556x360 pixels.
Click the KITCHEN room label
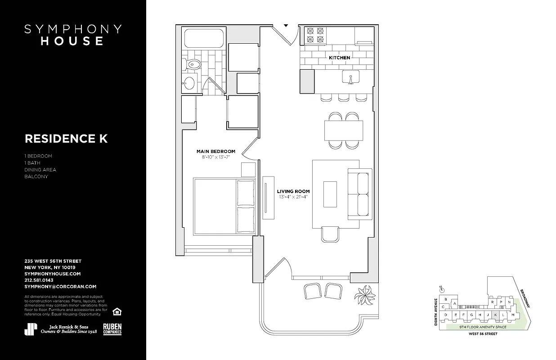[x=339, y=58]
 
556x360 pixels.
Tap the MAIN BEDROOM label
[x=215, y=151]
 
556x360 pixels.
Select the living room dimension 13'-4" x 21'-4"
[x=293, y=197]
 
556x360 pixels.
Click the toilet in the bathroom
[x=193, y=63]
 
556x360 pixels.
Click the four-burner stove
[x=315, y=36]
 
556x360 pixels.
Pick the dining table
[x=344, y=130]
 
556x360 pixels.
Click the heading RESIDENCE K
[x=66, y=139]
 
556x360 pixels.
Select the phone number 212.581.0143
[x=44, y=280]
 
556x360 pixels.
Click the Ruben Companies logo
[x=112, y=329]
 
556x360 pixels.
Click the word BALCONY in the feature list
[x=36, y=176]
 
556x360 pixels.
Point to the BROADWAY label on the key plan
[x=525, y=297]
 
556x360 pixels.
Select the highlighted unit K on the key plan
[x=495, y=315]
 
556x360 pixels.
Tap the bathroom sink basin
[x=190, y=83]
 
